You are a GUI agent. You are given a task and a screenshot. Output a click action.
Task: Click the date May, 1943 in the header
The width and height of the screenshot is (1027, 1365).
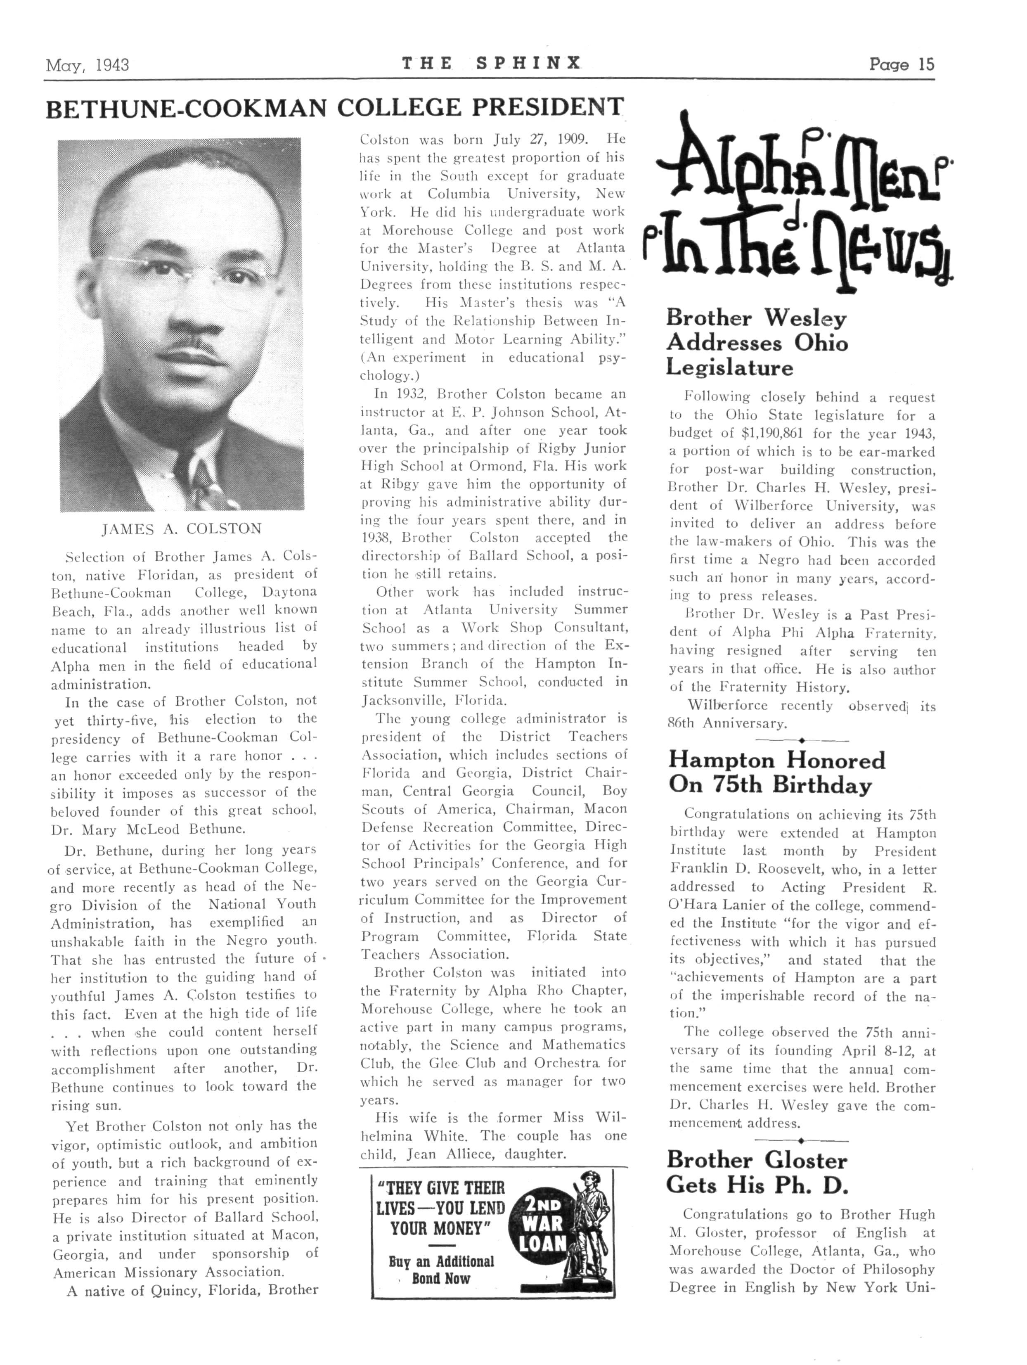click(87, 65)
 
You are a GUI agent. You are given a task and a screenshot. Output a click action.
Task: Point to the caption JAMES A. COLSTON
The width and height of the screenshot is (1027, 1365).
click(181, 529)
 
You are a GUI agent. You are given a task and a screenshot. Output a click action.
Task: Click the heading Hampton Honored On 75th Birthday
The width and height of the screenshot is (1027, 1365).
click(776, 773)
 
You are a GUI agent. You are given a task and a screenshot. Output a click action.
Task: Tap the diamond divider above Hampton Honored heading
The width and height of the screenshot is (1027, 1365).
click(801, 740)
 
